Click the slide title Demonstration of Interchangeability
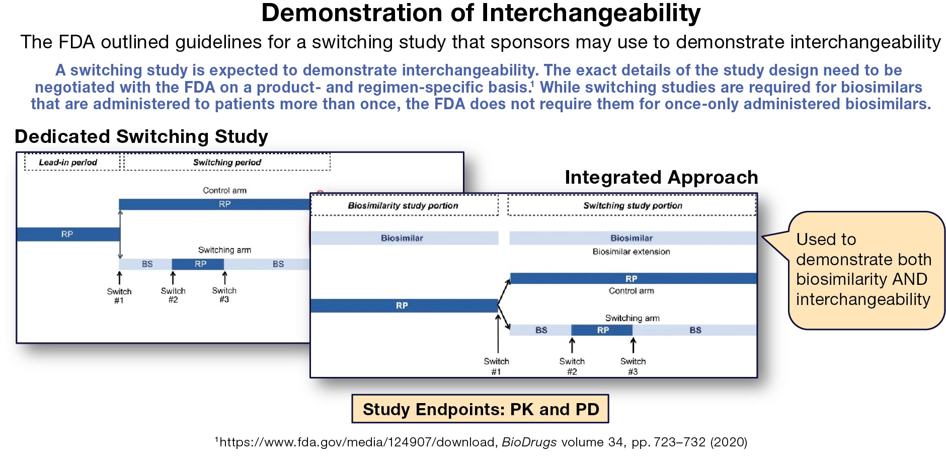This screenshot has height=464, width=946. click(481, 14)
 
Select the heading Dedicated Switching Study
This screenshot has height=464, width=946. click(141, 136)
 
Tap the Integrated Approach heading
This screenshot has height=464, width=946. click(661, 177)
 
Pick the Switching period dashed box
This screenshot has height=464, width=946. click(227, 162)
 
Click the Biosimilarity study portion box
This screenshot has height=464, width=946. click(404, 205)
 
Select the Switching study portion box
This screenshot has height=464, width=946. click(632, 205)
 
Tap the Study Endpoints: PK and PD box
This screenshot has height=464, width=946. click(480, 409)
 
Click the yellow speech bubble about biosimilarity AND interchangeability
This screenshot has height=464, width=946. click(865, 270)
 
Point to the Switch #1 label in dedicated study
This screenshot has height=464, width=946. click(119, 295)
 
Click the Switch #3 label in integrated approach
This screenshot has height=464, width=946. click(633, 366)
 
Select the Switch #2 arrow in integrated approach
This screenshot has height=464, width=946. click(572, 346)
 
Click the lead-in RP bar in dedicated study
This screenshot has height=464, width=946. click(67, 234)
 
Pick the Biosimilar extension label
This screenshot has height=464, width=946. click(631, 252)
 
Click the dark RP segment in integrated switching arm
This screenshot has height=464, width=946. click(602, 330)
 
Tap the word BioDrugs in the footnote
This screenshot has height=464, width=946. click(529, 442)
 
